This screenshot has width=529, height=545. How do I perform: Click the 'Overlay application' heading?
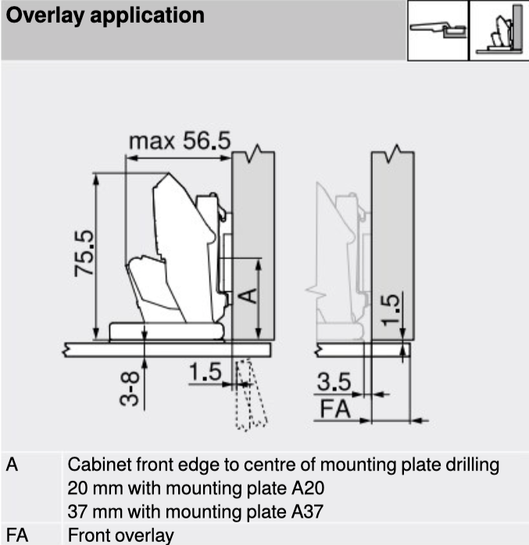click(x=105, y=16)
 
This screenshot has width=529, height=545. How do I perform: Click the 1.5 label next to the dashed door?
click(x=206, y=372)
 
